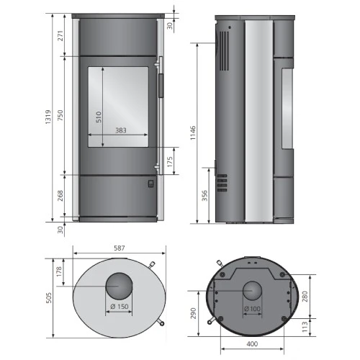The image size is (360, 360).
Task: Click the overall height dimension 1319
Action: pos(48,120)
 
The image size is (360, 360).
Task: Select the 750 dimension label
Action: pos(60,120)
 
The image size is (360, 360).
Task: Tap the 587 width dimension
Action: pos(119,248)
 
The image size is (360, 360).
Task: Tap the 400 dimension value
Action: pos(252,345)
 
